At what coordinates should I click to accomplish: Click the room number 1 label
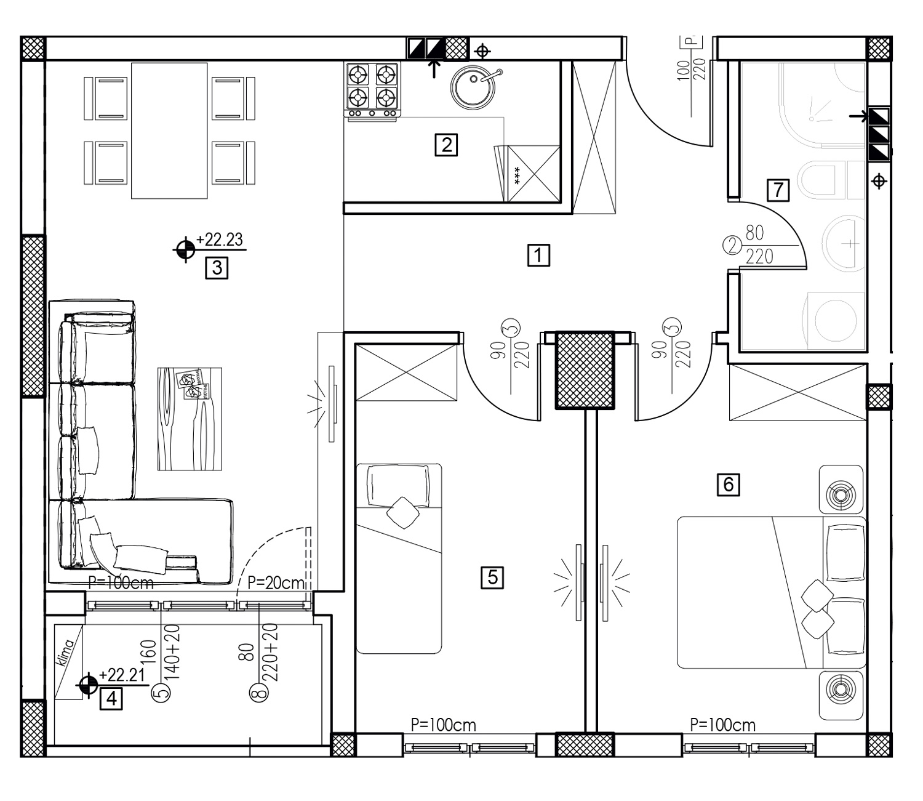(x=538, y=256)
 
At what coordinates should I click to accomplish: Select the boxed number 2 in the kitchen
(x=446, y=145)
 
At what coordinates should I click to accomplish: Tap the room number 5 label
(x=492, y=578)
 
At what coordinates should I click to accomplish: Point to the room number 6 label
(x=728, y=484)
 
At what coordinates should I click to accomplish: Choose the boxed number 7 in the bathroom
(x=778, y=190)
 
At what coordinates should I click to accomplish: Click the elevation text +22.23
(x=220, y=239)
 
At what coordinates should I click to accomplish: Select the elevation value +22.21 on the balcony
(x=122, y=675)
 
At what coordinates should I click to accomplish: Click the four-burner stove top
(x=373, y=89)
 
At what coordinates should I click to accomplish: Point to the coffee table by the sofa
(x=190, y=419)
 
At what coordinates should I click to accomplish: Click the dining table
(x=169, y=131)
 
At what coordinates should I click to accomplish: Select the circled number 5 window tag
(x=161, y=692)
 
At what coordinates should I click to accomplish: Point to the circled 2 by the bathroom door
(x=732, y=246)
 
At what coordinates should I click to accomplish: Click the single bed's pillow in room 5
(x=398, y=486)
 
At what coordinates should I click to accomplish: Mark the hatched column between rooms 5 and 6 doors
(x=585, y=370)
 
